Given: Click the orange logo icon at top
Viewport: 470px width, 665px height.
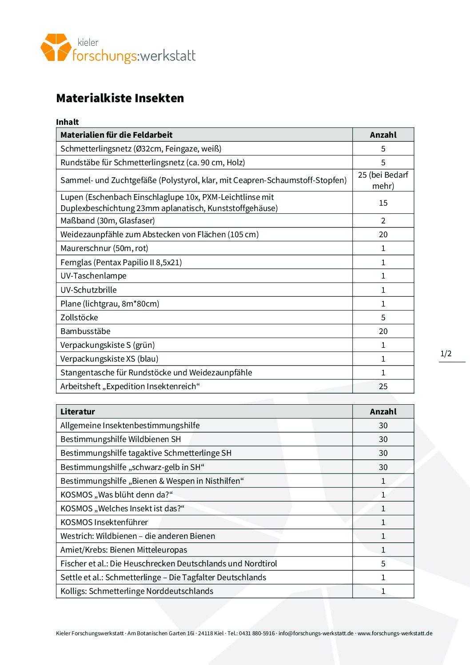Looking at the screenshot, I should tap(56, 47).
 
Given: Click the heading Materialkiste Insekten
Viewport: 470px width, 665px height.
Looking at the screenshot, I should tap(120, 98).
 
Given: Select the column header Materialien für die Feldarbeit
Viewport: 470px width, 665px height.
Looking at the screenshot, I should tap(116, 135).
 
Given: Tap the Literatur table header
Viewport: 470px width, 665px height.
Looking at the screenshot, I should tap(78, 411).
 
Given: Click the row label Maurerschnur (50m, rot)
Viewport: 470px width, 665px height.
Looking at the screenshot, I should tap(104, 248).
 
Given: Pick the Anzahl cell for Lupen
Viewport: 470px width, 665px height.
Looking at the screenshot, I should tap(383, 203).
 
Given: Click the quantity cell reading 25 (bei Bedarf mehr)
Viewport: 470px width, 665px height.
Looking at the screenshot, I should tap(383, 180).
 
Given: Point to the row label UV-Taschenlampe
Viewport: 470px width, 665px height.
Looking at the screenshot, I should tap(93, 275).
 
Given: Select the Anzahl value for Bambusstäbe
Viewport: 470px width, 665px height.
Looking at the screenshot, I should tap(383, 331).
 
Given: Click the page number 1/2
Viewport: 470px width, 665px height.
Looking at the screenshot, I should tap(446, 354).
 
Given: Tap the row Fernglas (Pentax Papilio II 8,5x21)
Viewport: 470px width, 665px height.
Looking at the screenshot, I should tap(121, 262).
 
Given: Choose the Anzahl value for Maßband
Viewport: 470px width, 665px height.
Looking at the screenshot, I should tap(383, 220).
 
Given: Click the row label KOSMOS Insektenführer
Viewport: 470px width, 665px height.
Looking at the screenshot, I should tap(104, 522).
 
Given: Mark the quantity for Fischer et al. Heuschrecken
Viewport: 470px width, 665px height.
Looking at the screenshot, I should tap(383, 563).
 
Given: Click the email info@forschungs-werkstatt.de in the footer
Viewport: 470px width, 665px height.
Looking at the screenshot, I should tap(316, 633).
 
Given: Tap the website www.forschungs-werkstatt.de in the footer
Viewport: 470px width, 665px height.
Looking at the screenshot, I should tap(395, 633).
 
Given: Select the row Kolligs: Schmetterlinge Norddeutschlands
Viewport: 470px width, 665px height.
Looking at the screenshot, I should tap(137, 591).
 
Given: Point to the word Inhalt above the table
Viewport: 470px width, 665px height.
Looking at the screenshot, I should tap(68, 122).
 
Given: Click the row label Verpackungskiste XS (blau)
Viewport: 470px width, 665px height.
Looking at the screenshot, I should tap(109, 358).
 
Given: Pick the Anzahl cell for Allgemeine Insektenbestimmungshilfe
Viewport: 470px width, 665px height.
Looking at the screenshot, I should tap(383, 425).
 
